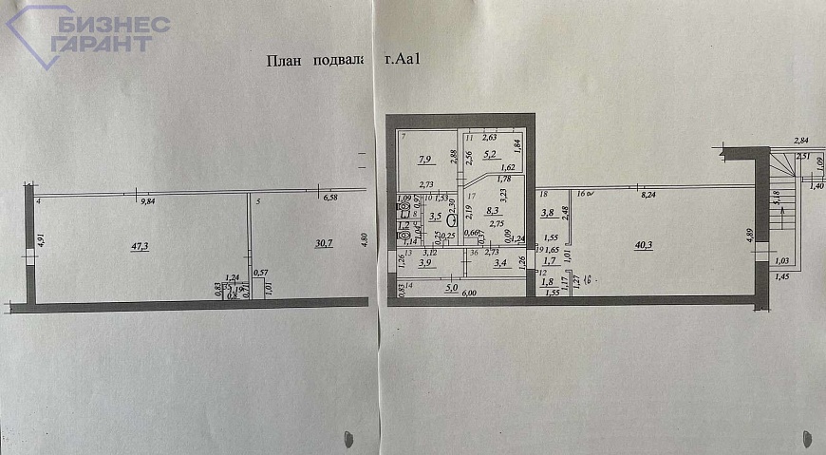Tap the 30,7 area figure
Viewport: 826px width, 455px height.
(324, 243)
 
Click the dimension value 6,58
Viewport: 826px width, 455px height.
(330, 198)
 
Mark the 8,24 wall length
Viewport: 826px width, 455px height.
(650, 195)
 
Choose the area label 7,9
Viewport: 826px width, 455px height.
(426, 160)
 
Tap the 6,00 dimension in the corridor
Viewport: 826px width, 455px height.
(470, 294)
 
